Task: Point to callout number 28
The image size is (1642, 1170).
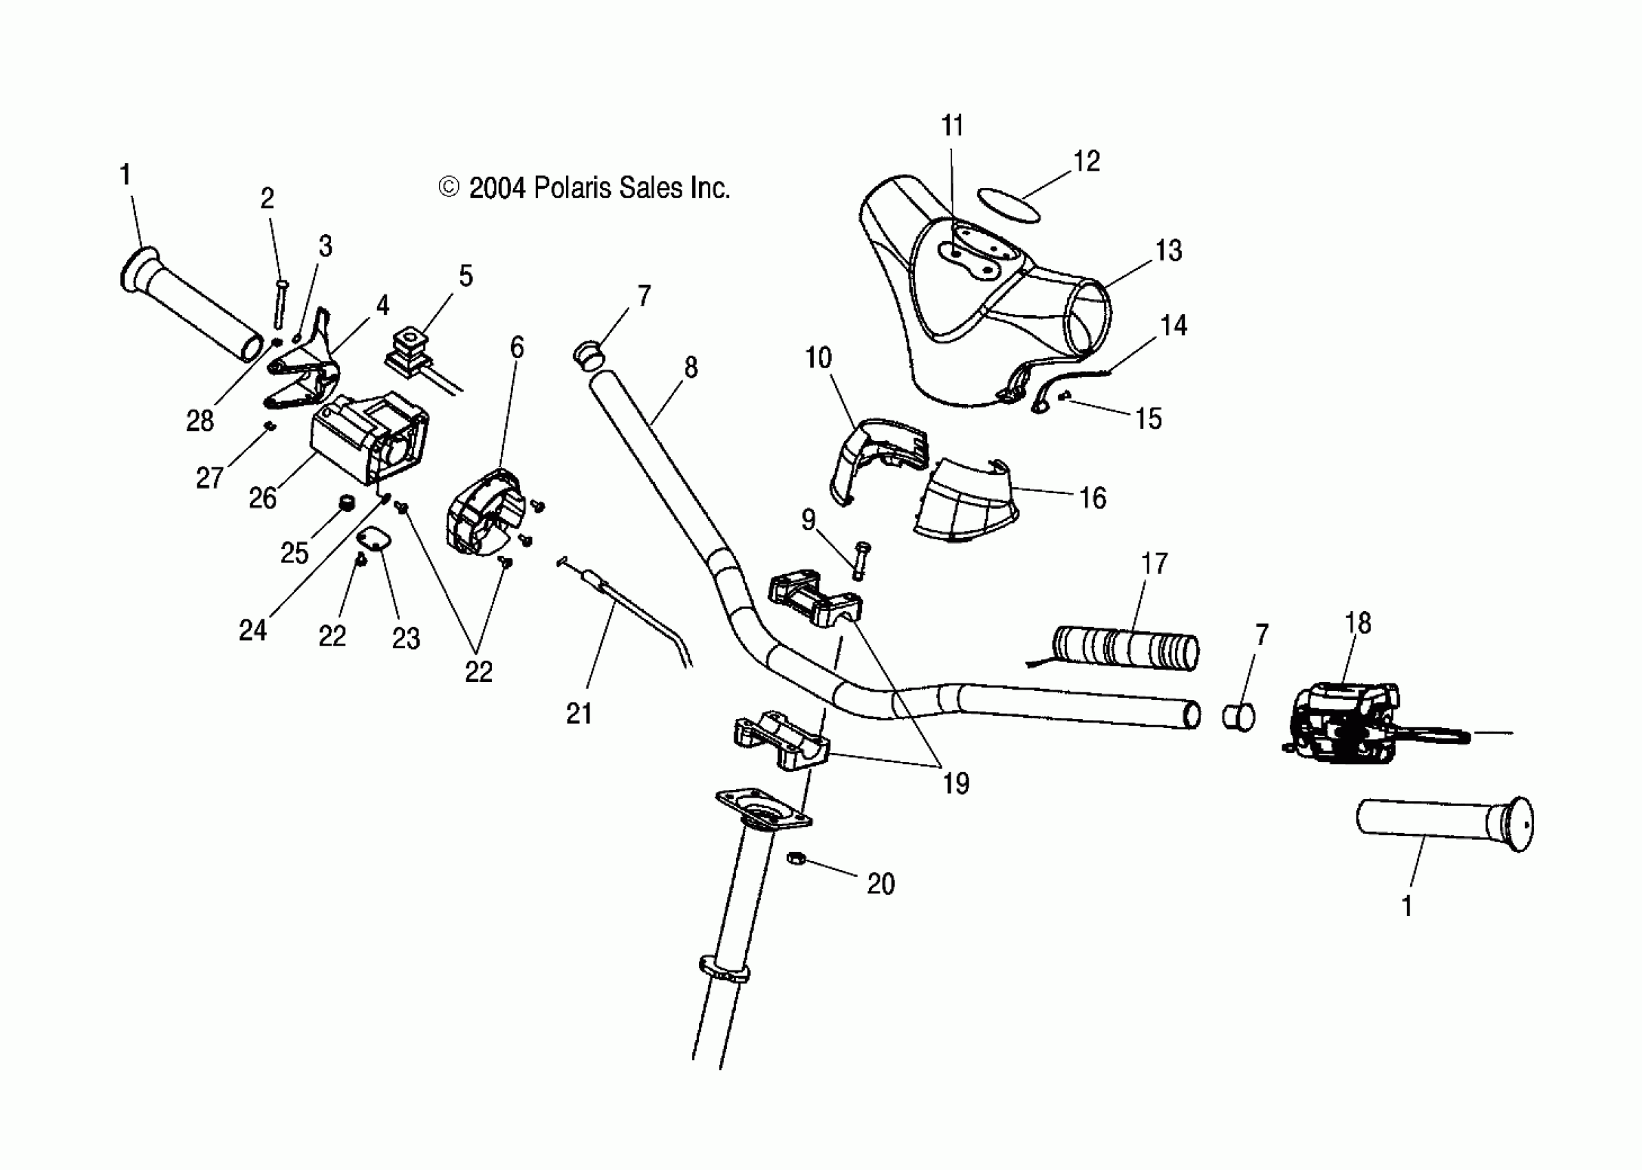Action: [199, 421]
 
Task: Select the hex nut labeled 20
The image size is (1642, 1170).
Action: [796, 859]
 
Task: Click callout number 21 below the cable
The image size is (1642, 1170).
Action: [579, 713]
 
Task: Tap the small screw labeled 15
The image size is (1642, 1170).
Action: [1064, 395]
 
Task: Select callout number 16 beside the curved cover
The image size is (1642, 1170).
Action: [1092, 498]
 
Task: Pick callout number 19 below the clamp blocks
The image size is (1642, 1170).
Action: [955, 784]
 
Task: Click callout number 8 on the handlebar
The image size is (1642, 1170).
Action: [691, 368]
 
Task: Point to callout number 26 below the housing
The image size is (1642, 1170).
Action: [262, 498]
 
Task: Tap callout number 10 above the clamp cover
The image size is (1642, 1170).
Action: [818, 358]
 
